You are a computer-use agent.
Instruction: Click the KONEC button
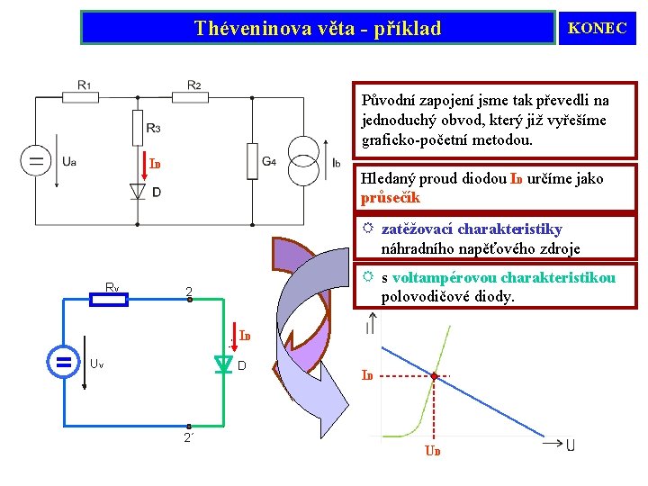pyautogui.click(x=597, y=28)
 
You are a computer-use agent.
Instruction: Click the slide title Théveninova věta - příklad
pyautogui.click(x=318, y=28)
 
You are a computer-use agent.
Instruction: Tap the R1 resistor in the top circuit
pyautogui.click(x=82, y=97)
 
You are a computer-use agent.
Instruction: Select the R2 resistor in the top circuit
pyautogui.click(x=193, y=97)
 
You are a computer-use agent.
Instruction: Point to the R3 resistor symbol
pyautogui.click(x=138, y=127)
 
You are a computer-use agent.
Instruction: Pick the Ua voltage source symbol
pyautogui.click(x=36, y=162)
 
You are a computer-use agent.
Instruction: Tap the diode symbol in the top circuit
pyautogui.click(x=138, y=192)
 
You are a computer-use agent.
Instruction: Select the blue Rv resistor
pyautogui.click(x=111, y=299)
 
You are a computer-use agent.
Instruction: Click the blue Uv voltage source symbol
pyautogui.click(x=63, y=363)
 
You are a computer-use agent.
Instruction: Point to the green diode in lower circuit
pyautogui.click(x=223, y=364)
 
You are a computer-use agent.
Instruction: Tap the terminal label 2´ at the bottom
pyautogui.click(x=188, y=437)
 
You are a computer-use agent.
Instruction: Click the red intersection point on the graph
pyautogui.click(x=434, y=375)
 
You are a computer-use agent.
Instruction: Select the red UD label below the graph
pyautogui.click(x=433, y=451)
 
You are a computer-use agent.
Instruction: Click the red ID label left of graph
pyautogui.click(x=367, y=374)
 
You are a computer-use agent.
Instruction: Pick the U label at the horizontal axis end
pyautogui.click(x=571, y=445)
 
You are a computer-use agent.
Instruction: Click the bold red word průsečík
pyautogui.click(x=391, y=197)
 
